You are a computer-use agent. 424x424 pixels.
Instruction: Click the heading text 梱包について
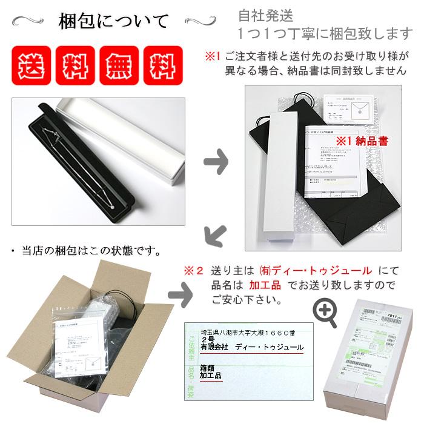113,21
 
